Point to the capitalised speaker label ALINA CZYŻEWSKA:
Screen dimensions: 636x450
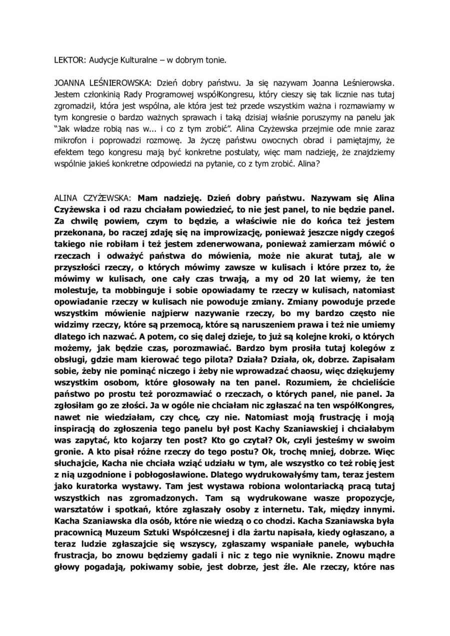[x=93, y=197]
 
